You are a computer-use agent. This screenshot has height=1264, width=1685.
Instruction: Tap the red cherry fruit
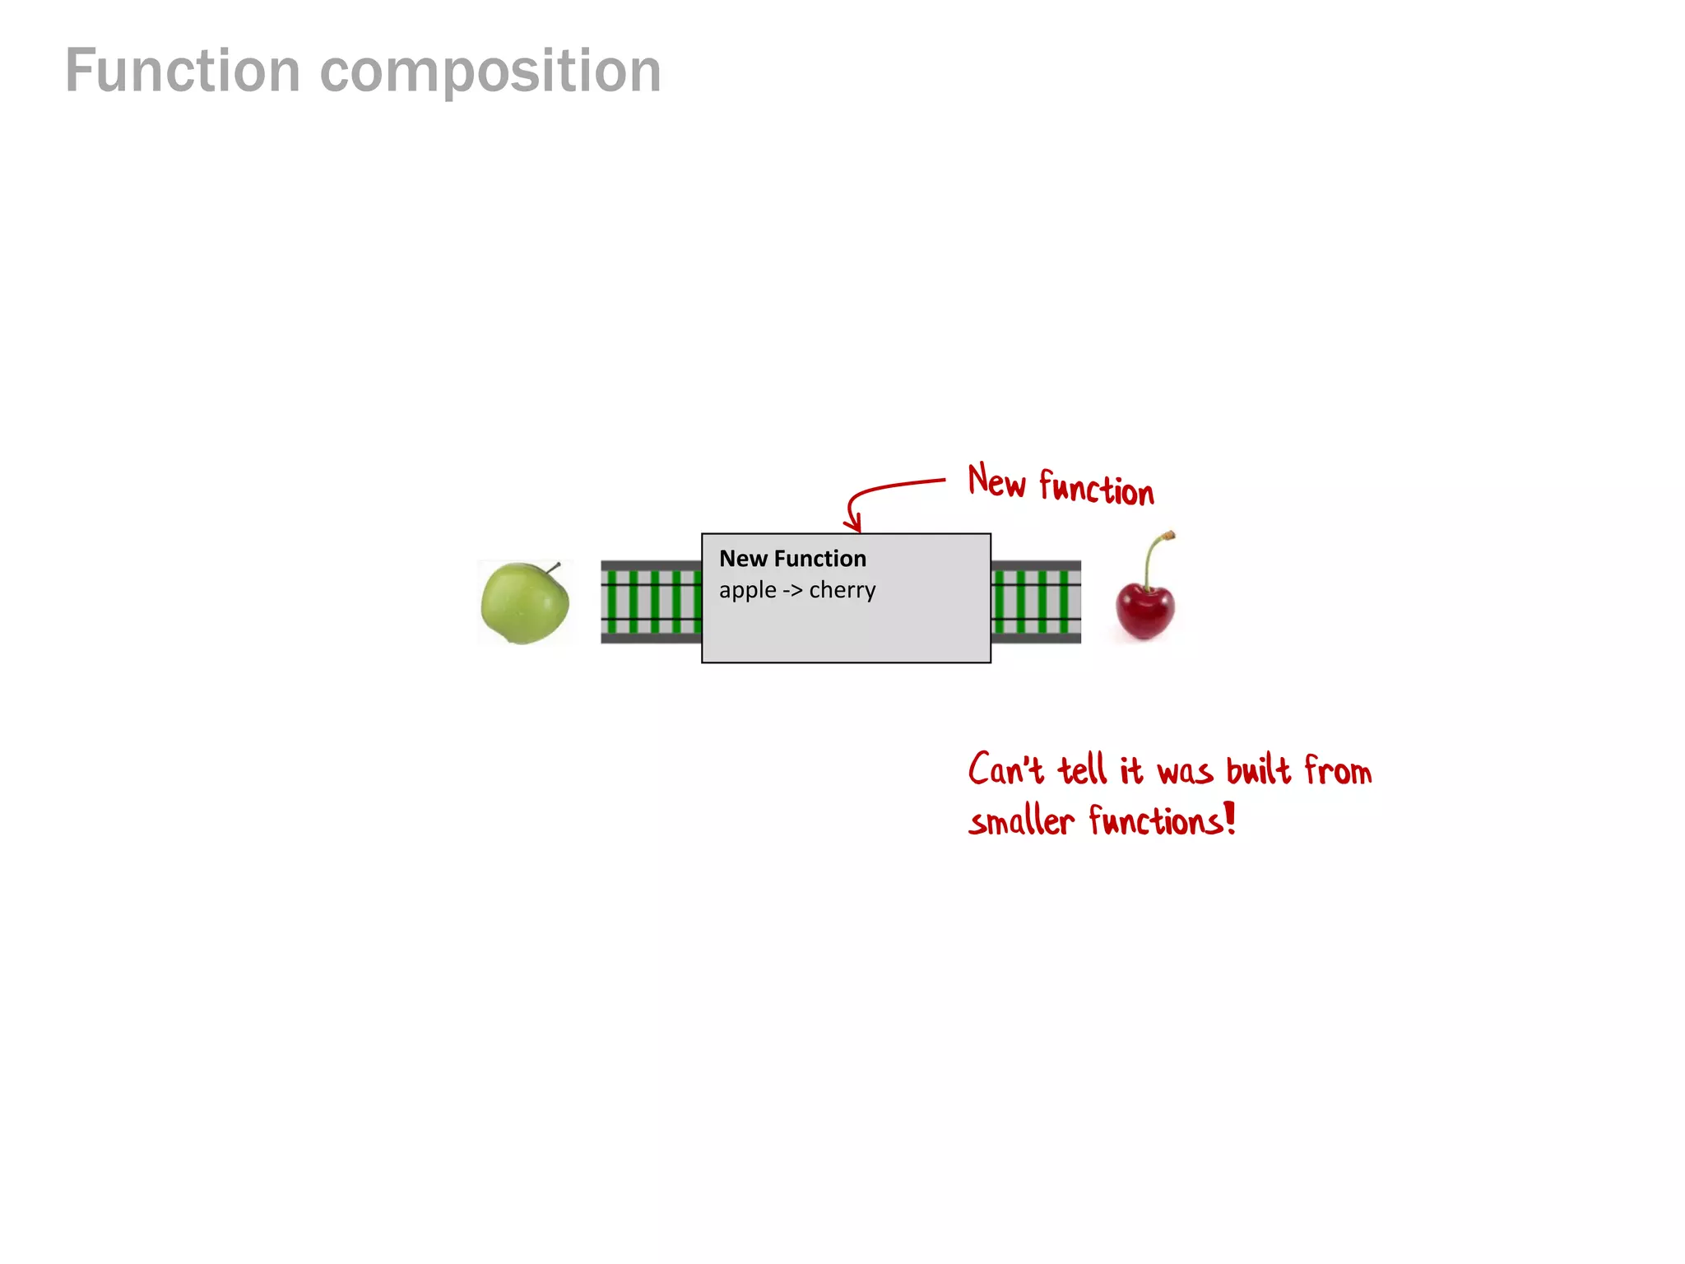(x=1144, y=610)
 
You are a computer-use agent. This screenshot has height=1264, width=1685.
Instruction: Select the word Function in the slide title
(x=183, y=72)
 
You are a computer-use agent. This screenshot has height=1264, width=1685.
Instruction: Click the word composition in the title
(x=490, y=72)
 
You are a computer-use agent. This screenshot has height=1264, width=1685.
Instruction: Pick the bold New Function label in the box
(x=792, y=559)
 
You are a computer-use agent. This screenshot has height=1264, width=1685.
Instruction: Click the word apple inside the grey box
(x=747, y=591)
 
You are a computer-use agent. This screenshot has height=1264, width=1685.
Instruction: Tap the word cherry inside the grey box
(x=842, y=591)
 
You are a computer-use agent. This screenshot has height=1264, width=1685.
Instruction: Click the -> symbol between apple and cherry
(x=792, y=591)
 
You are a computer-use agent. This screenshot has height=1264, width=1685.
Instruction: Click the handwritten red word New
(x=996, y=481)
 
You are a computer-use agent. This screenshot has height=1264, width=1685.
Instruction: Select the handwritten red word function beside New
(x=1096, y=488)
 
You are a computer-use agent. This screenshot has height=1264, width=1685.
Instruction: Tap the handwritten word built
(x=1258, y=771)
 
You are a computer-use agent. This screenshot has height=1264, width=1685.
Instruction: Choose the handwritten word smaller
(x=1021, y=821)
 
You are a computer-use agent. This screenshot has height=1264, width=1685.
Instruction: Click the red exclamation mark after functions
(x=1230, y=818)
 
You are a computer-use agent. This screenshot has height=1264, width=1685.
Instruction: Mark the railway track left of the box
(x=651, y=602)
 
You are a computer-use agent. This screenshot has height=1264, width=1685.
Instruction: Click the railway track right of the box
(x=1036, y=602)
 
